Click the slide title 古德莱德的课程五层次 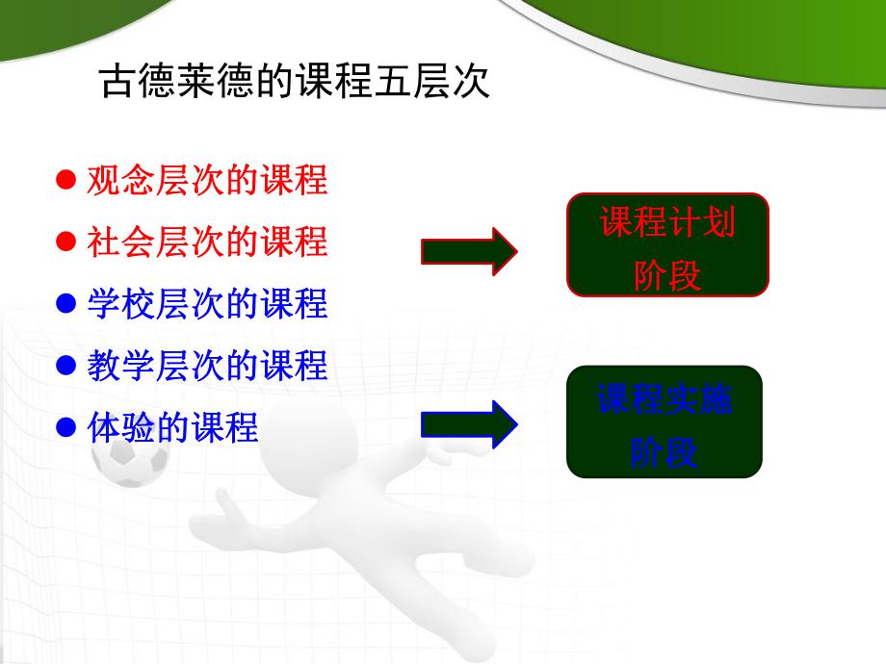coord(295,82)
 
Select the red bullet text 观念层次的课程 coord(207,180)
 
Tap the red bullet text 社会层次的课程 coord(207,242)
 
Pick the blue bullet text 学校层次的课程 coord(207,304)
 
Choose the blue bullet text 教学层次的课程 coord(207,366)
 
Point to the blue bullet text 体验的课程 coord(172,427)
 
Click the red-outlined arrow coord(470,251)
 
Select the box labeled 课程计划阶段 coord(667,244)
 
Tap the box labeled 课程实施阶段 coord(664,421)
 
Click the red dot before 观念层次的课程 coord(65,180)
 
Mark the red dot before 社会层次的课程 coord(65,242)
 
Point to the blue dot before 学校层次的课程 coord(65,304)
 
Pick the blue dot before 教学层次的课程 coord(65,366)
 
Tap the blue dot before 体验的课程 coord(65,427)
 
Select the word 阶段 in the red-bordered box coord(667,275)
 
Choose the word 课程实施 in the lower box coord(664,398)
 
